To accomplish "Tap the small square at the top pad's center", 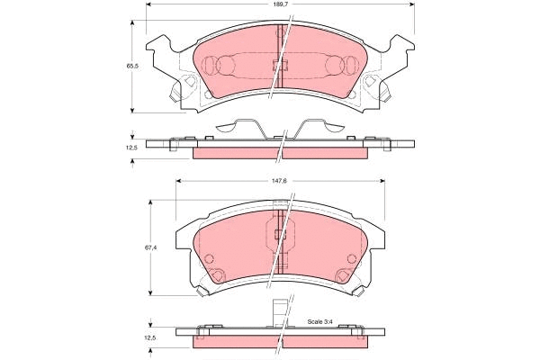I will (x=280, y=64).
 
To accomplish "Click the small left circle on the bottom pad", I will (x=211, y=260).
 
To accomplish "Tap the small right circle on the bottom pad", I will (x=346, y=260).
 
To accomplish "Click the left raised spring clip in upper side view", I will (x=237, y=126).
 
